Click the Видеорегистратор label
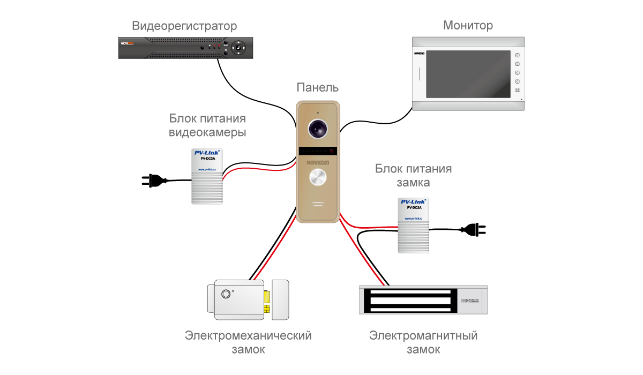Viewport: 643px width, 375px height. click(184, 26)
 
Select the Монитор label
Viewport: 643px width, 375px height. click(468, 26)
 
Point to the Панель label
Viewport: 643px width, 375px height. click(318, 88)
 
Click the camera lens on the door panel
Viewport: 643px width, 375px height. click(318, 128)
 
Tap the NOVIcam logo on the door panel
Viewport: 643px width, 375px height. click(318, 161)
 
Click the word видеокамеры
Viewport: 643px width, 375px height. click(207, 133)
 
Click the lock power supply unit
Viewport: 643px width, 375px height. click(413, 225)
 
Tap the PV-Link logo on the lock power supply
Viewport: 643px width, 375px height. click(413, 202)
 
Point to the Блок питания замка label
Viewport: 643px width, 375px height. click(413, 176)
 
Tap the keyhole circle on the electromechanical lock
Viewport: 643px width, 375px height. click(226, 294)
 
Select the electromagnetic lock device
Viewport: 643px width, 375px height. click(423, 300)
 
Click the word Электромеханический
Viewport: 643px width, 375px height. click(248, 336)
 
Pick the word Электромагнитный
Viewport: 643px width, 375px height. click(423, 336)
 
